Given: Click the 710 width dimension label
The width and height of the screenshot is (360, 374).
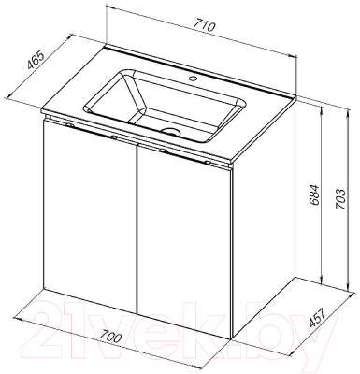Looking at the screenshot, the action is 205,26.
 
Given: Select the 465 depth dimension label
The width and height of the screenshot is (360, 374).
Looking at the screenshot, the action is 36,60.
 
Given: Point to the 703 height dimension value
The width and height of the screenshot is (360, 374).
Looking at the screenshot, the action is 340,199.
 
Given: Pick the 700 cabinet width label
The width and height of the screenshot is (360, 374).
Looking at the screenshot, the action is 111,338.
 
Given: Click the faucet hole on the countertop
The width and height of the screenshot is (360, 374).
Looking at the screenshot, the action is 193,79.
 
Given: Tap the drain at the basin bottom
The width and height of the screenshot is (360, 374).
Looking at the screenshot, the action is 171,131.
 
